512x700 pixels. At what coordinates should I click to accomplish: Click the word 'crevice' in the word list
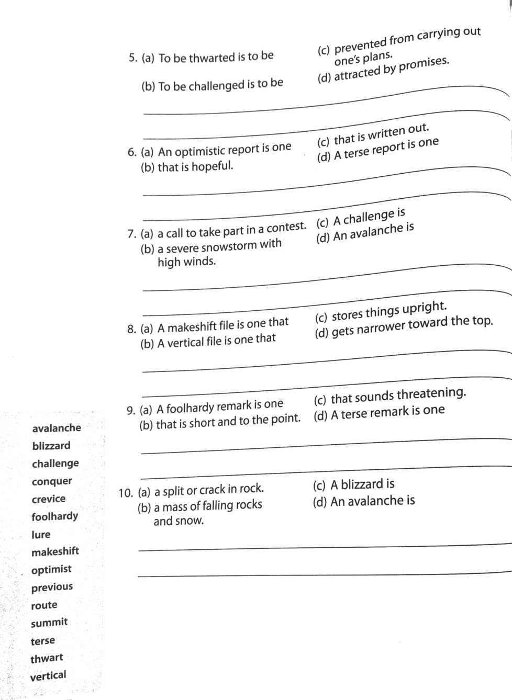49,499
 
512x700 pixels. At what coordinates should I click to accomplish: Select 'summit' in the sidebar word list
49,623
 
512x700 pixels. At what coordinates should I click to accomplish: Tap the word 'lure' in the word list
41,535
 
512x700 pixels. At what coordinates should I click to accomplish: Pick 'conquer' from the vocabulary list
52,481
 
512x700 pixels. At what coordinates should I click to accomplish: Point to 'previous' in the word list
52,587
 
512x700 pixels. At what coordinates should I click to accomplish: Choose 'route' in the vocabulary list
44,605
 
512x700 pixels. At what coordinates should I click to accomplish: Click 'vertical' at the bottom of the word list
48,675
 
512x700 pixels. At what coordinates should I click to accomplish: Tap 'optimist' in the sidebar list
51,569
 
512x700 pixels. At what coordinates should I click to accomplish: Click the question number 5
132,58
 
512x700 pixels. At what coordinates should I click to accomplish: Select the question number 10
126,493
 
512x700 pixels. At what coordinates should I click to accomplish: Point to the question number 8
131,329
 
